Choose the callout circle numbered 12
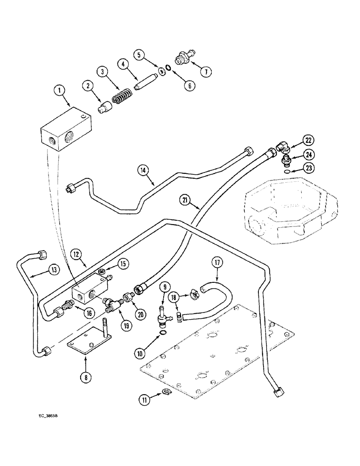pos(76,254)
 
